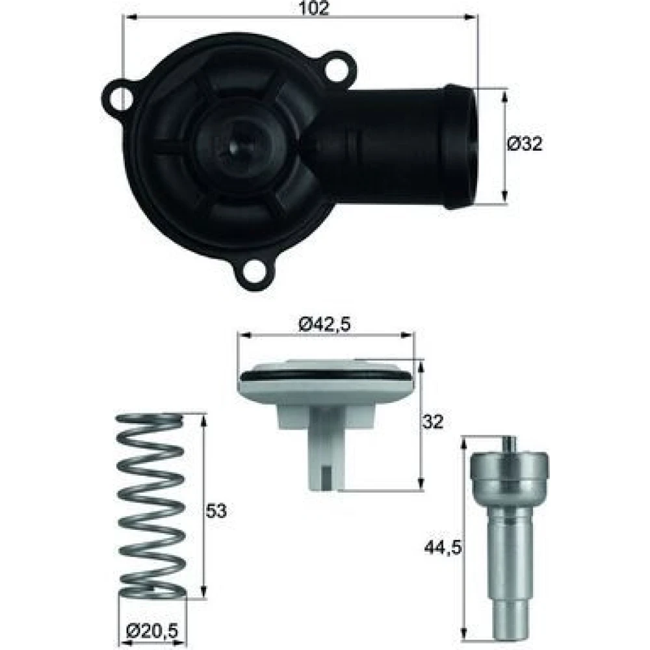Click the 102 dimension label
313,8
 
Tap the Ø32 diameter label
525,144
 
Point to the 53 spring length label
216,511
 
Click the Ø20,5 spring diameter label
152,631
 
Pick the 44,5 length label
443,548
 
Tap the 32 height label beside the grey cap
433,422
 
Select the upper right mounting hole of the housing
337,68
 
